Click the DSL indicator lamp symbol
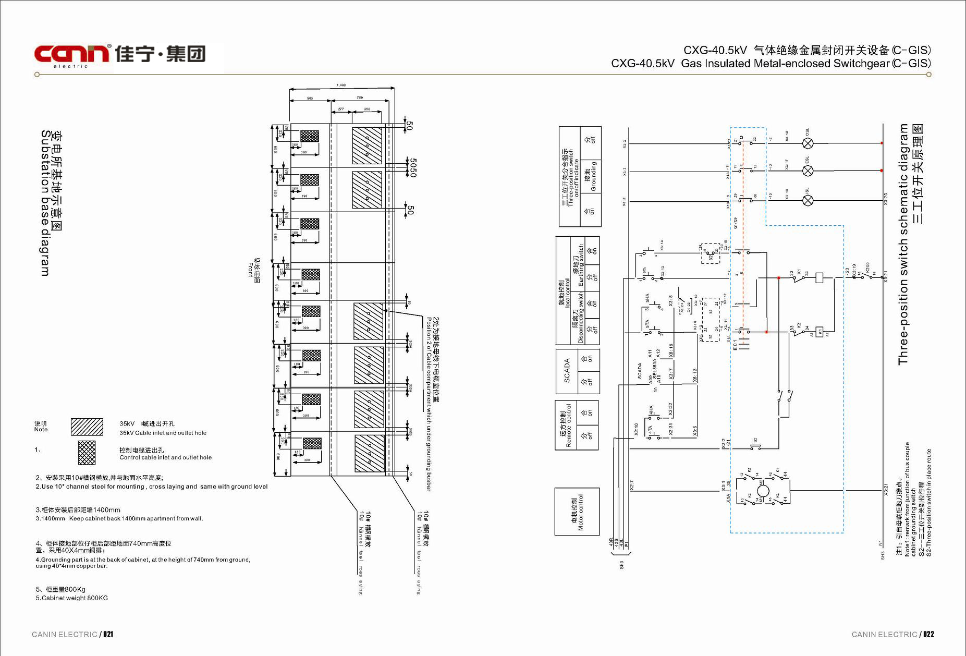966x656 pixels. pos(808,143)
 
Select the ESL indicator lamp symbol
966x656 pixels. pos(808,171)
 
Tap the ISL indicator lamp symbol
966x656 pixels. pos(808,200)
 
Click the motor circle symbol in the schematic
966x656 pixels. pos(763,491)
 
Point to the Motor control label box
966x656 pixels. pos(577,512)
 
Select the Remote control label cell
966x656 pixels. pos(566,424)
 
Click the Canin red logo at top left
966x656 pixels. pos(72,54)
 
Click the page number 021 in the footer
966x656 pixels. pos(108,634)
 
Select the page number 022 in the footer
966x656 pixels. pos(928,634)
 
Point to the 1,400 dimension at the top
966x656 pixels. pos(341,85)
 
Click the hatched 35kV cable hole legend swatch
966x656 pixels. pos(87,427)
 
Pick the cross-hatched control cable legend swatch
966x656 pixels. pos(87,453)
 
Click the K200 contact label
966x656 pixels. pos(867,268)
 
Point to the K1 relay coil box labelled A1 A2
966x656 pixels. pos(820,332)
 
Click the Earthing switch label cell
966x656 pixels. pos(578,266)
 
